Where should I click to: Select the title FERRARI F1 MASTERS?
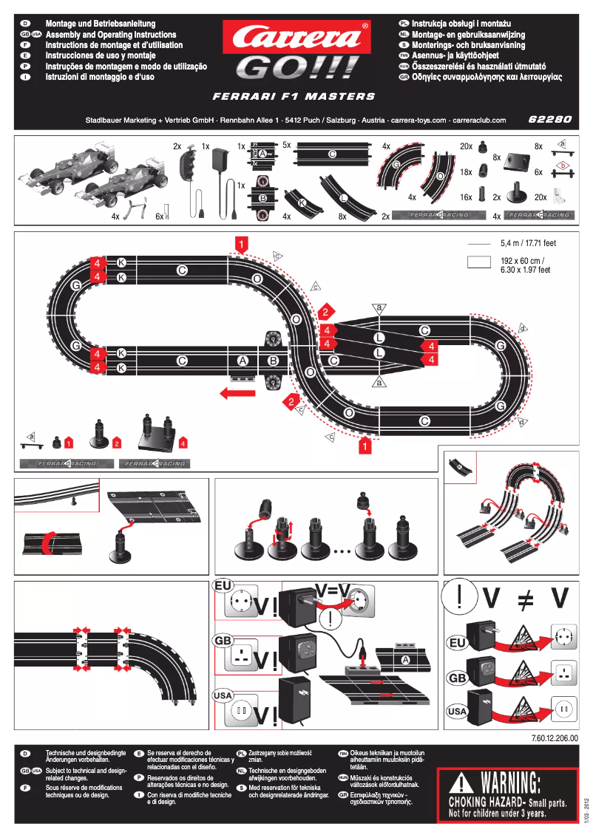coord(294,96)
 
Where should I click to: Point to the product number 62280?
coord(551,119)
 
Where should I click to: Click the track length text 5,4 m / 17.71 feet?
coord(528,242)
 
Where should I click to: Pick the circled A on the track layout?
coord(242,361)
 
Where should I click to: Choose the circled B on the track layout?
coord(273,361)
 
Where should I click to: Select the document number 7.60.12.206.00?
coord(554,737)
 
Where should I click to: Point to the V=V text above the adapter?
coord(333,589)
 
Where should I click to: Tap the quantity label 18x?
coord(466,171)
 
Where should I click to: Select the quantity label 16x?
coord(466,197)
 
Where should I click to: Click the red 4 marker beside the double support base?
coord(183,443)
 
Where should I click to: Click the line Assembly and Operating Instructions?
coord(111,35)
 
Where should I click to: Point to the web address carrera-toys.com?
coord(419,120)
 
